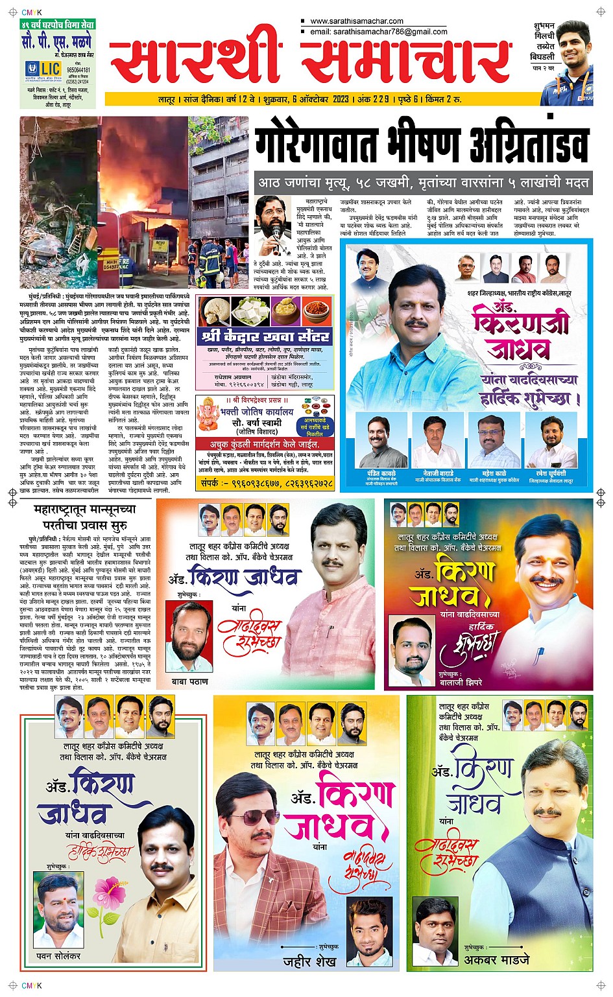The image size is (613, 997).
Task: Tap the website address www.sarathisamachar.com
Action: tap(356, 21)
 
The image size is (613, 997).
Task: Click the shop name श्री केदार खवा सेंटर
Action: tap(267, 336)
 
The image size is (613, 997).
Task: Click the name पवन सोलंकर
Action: tap(58, 956)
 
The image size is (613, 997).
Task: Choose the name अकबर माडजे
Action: tap(497, 959)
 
